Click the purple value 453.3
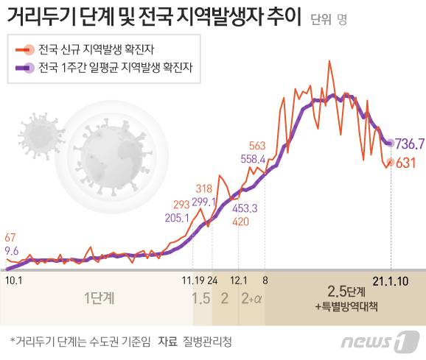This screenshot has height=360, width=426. (244, 208)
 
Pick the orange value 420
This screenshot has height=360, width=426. (240, 221)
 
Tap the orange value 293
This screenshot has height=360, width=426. (181, 205)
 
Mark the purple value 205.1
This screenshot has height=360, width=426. (178, 218)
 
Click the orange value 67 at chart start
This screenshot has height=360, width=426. (10, 237)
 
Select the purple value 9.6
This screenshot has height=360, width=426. (12, 250)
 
